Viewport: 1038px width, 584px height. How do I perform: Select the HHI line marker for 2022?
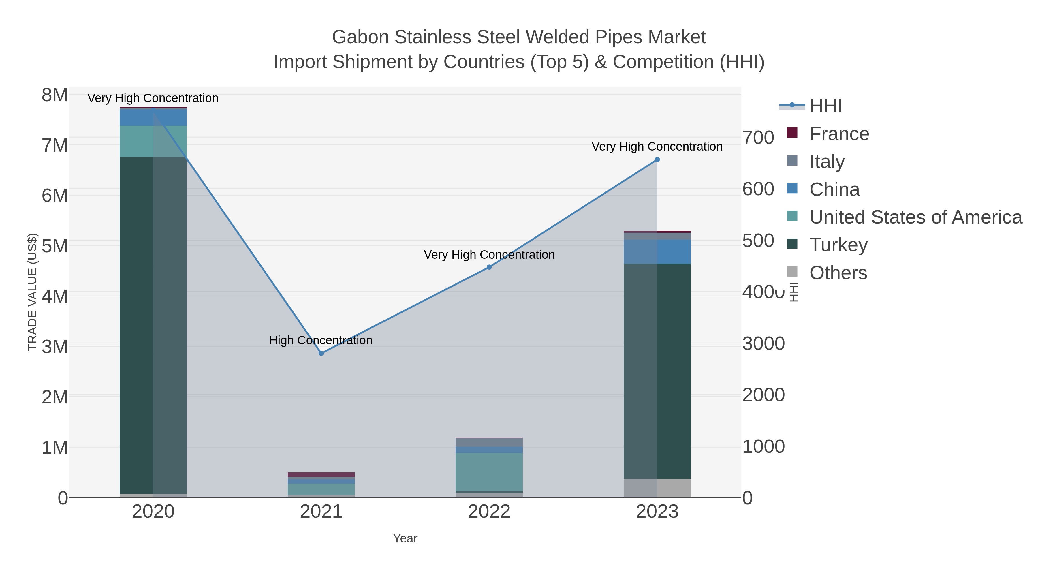[x=489, y=267]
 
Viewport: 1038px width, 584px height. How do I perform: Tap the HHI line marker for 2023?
[x=657, y=159]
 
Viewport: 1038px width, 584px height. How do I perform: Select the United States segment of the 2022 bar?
[x=489, y=472]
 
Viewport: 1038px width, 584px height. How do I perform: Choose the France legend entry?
[x=839, y=134]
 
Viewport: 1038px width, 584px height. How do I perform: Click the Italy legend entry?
[x=827, y=162]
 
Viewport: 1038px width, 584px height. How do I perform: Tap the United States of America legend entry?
[x=915, y=217]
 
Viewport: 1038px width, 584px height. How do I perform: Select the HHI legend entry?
[x=825, y=106]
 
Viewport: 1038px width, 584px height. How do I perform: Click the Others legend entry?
[x=838, y=273]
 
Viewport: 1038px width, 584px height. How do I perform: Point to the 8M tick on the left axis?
[x=55, y=95]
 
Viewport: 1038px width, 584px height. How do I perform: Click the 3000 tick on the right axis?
[x=763, y=344]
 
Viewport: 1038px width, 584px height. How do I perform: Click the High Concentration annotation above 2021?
[x=321, y=341]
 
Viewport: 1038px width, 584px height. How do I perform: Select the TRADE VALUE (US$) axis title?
[x=32, y=292]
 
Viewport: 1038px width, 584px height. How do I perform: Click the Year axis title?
[x=405, y=538]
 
